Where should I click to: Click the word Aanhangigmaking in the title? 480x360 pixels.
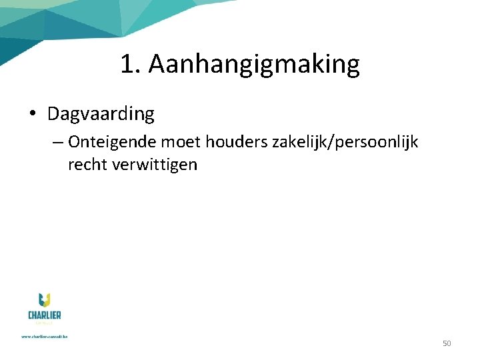pyautogui.click(x=254, y=65)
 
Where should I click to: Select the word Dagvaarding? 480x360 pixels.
pyautogui.click(x=101, y=114)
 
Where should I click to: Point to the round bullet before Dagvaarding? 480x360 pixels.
pyautogui.click(x=33, y=115)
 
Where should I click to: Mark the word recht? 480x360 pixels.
pyautogui.click(x=88, y=165)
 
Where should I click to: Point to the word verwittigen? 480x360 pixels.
pyautogui.click(x=155, y=165)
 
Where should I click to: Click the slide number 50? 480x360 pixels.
pyautogui.click(x=447, y=343)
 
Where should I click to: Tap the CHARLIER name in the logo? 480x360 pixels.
pyautogui.click(x=44, y=315)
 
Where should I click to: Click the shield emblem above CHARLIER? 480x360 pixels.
pyautogui.click(x=44, y=301)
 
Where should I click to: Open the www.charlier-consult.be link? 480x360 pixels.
pyautogui.click(x=44, y=337)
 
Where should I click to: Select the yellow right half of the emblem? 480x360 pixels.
pyautogui.click(x=48, y=301)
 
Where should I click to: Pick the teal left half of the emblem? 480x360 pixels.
pyautogui.click(x=41, y=301)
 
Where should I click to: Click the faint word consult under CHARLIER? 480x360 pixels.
pyautogui.click(x=44, y=323)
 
